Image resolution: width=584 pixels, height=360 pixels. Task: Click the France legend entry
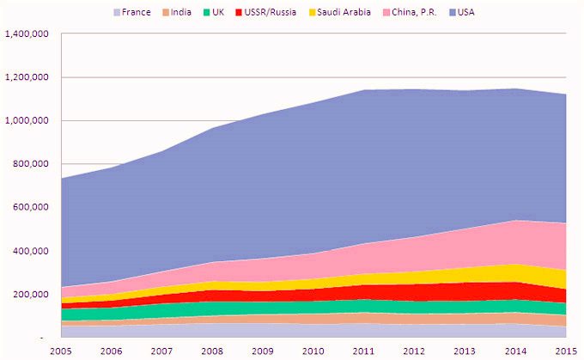pos(131,12)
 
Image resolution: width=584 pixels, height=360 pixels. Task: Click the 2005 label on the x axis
pos(61,351)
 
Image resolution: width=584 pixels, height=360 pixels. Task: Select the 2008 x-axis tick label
pos(213,351)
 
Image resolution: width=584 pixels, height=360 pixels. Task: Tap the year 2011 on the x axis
pos(365,351)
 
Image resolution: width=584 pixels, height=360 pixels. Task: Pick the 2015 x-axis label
pos(566,351)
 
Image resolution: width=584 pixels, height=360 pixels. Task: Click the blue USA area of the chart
pos(344,172)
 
